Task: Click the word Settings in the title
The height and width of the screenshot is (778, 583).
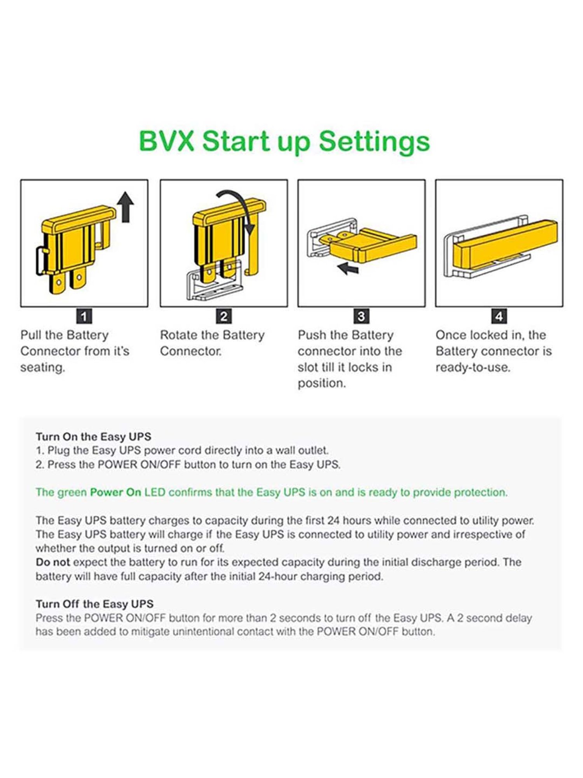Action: pos(374,143)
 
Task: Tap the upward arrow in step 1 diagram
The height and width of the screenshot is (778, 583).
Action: pos(126,207)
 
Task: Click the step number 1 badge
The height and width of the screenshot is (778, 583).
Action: pos(84,316)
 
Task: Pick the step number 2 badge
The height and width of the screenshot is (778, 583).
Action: pos(224,316)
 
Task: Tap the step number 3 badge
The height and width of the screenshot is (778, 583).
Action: pos(361,316)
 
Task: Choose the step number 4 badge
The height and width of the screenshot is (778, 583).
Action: pos(499,316)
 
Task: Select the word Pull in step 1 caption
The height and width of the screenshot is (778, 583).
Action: pos(31,335)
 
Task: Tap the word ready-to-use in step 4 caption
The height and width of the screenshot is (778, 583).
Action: pos(473,368)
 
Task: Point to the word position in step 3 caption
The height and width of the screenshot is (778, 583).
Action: pos(322,384)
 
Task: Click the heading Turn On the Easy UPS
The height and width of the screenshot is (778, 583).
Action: pos(94,436)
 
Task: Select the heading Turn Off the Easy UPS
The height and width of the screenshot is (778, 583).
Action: pos(94,604)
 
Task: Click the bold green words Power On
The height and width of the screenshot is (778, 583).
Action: pos(115,492)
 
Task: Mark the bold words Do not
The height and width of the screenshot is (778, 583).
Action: pos(52,562)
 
